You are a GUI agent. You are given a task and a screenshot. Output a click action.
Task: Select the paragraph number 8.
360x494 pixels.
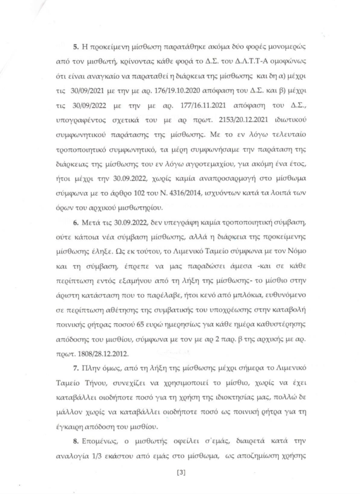(75, 441)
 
